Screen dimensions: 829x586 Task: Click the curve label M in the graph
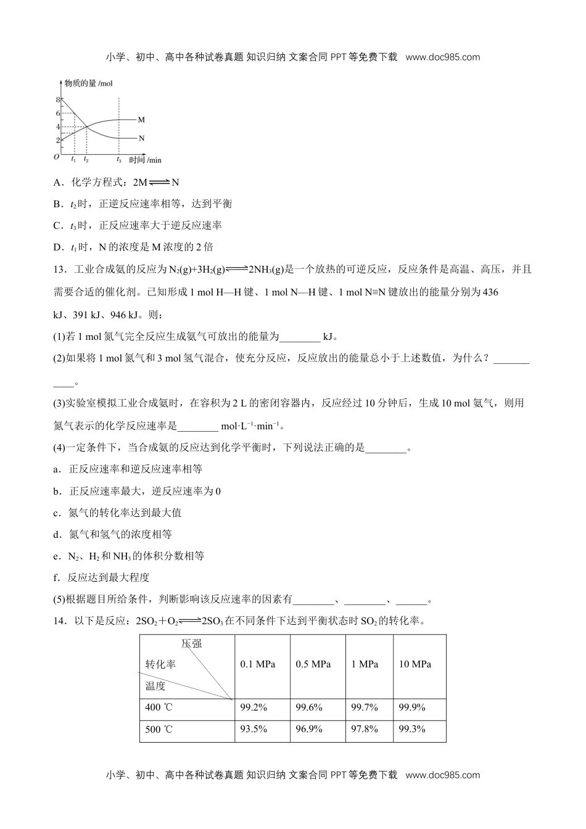(141, 120)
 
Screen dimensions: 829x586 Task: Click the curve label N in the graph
(141, 138)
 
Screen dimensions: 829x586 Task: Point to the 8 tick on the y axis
(58, 99)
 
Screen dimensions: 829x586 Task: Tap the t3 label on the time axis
(118, 160)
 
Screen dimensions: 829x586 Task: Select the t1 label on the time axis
(73, 160)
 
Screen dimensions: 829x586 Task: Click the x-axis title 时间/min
(145, 160)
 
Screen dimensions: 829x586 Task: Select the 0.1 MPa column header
(258, 664)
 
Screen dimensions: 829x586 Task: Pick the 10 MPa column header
(415, 664)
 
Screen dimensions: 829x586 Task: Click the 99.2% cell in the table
(254, 707)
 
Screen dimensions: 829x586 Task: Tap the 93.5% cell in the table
(254, 729)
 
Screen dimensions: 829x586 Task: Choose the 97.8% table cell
(365, 729)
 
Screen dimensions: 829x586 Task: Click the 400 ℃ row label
(159, 707)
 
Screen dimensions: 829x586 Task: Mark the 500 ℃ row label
(159, 730)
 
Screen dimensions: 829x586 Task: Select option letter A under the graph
(58, 183)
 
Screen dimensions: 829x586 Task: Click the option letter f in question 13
(56, 578)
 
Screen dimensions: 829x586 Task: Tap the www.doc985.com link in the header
(443, 57)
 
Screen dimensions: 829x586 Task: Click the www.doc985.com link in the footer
(443, 775)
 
